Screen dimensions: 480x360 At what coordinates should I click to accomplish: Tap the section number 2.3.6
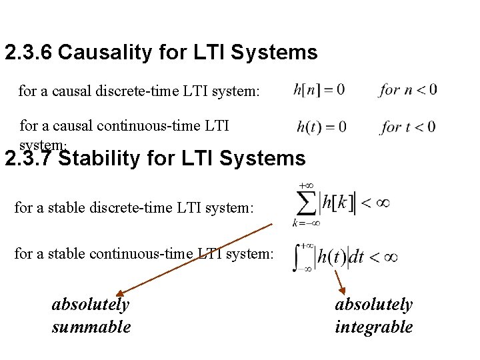point(29,53)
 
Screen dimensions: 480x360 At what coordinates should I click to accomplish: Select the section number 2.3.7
point(29,159)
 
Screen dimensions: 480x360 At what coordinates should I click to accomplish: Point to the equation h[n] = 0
point(319,89)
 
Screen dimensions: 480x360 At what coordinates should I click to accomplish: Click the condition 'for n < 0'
point(408,89)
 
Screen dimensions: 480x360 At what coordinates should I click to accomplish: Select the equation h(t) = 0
point(321,126)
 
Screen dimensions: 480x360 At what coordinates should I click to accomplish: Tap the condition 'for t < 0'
point(408,126)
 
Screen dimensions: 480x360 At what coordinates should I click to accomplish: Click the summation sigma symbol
point(306,202)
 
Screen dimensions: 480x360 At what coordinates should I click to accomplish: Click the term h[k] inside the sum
point(337,202)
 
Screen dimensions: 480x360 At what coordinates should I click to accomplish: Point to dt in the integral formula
point(357,257)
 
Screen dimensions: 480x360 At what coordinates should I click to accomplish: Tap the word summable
point(91,327)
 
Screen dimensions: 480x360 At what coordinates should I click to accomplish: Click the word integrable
point(373,327)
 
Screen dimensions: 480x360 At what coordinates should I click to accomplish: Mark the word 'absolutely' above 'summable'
point(91,305)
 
